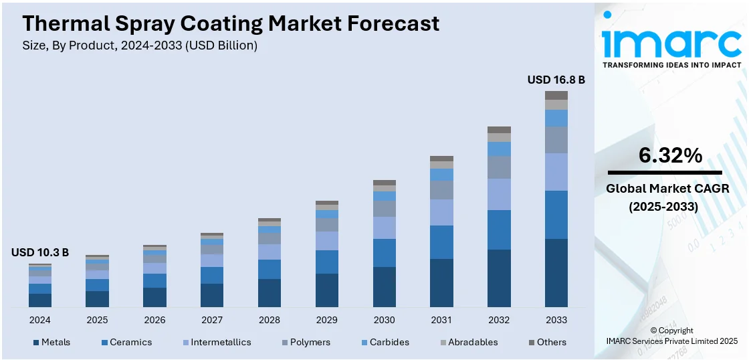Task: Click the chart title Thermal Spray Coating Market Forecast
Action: tap(231, 23)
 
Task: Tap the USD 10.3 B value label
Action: tap(40, 252)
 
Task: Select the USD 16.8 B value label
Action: tap(556, 80)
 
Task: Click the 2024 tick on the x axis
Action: tap(40, 320)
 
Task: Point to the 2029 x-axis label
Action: tap(327, 320)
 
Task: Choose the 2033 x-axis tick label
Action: tap(556, 320)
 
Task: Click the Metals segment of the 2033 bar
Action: tap(556, 273)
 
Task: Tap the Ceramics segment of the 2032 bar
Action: tap(499, 230)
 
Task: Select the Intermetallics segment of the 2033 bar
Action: tap(556, 172)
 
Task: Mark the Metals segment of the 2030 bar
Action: tap(385, 287)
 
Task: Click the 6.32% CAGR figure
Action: tap(670, 156)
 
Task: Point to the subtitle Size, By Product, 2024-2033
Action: tap(140, 46)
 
